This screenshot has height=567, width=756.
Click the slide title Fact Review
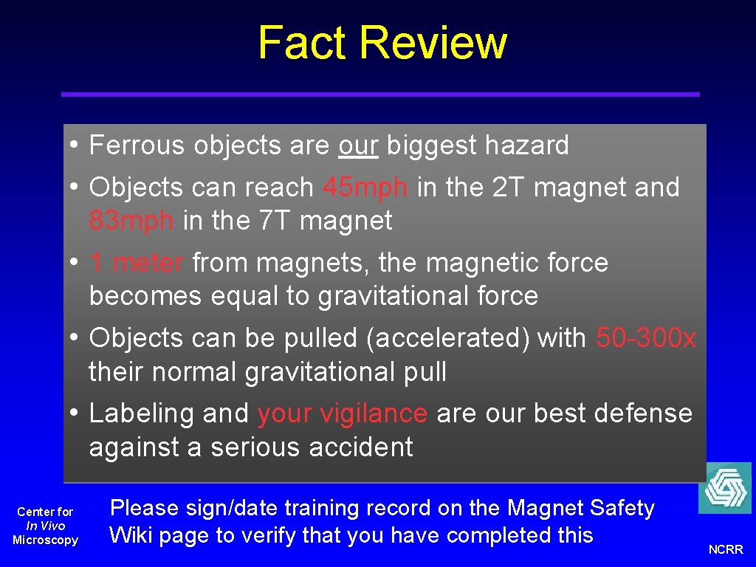pyautogui.click(x=382, y=43)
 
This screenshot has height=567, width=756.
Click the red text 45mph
pyautogui.click(x=365, y=188)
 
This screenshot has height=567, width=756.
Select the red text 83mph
pyautogui.click(x=131, y=221)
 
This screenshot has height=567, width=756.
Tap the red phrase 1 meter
pyautogui.click(x=137, y=263)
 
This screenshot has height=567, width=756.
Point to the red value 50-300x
pyautogui.click(x=645, y=338)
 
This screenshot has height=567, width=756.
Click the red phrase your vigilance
pyautogui.click(x=342, y=413)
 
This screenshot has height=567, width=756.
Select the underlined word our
pyautogui.click(x=358, y=145)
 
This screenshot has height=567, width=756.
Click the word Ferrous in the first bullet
pyautogui.click(x=137, y=145)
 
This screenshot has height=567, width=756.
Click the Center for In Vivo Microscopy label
pyautogui.click(x=46, y=526)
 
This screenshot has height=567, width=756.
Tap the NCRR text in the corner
pyautogui.click(x=726, y=550)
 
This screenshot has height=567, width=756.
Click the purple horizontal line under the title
pyautogui.click(x=380, y=94)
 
